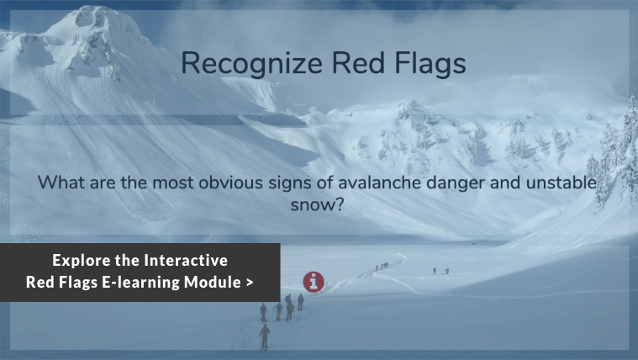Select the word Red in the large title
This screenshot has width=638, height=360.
[x=358, y=63]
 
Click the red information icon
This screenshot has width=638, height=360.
[x=314, y=282]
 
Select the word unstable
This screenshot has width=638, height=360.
[x=562, y=183]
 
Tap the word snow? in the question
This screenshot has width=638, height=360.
[x=318, y=204]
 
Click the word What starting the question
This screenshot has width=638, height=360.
[x=61, y=183]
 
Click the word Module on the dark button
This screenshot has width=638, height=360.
[x=213, y=283]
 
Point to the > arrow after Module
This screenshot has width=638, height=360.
[x=250, y=283]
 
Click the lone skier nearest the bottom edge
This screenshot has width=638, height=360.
[x=265, y=337]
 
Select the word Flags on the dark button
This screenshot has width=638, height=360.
[x=78, y=283]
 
